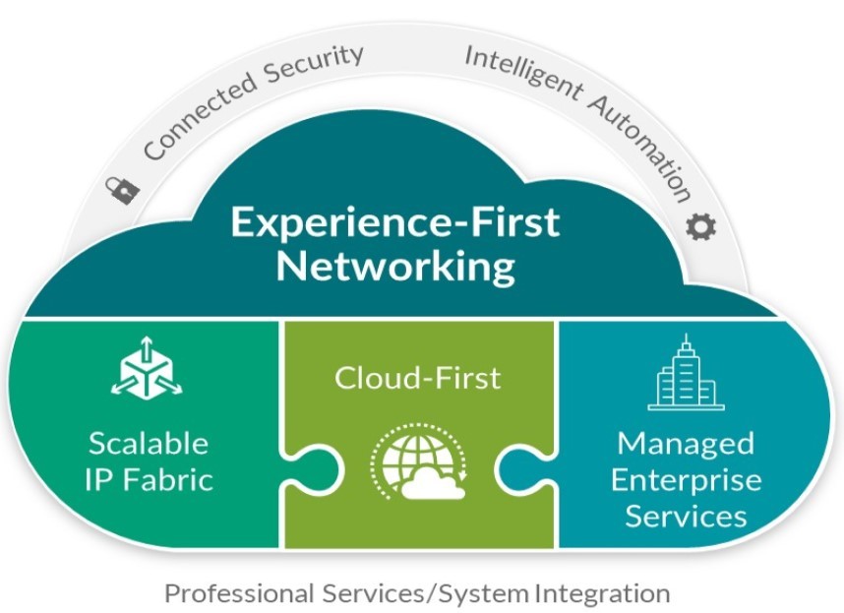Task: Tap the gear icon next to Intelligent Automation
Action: [701, 225]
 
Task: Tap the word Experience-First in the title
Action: [394, 221]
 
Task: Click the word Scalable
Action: [149, 443]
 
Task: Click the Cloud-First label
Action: [417, 377]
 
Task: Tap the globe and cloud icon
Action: [419, 462]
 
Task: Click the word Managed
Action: [686, 443]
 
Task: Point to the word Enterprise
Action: [686, 479]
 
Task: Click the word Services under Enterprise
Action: [686, 516]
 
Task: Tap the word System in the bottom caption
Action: [486, 593]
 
